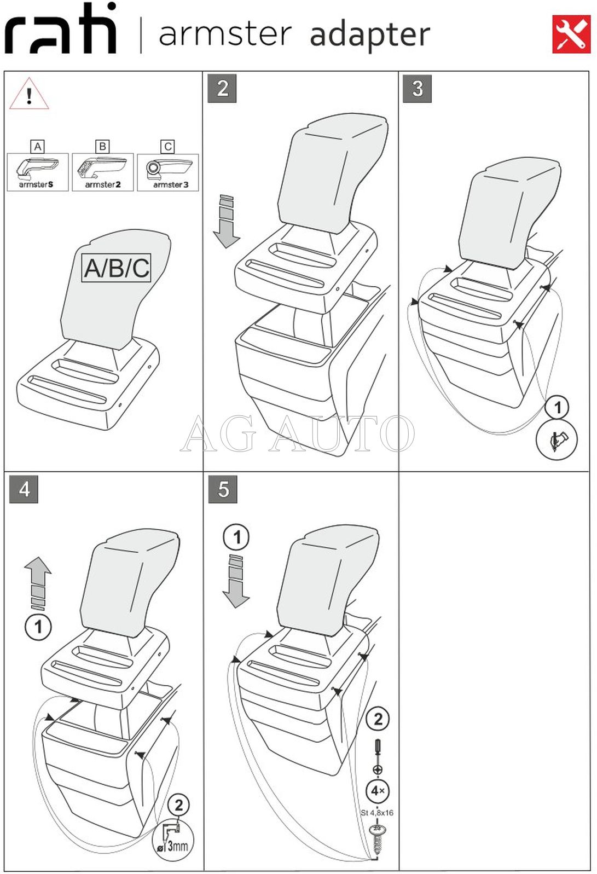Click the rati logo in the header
[x=61, y=28]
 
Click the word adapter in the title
[x=369, y=36]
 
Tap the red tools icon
[x=571, y=34]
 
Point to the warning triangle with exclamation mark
[x=29, y=94]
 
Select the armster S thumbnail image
[x=37, y=172]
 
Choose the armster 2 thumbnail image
[x=103, y=172]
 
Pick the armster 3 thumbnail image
[x=168, y=172]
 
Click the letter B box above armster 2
[x=103, y=146]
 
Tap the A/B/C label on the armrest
[x=117, y=268]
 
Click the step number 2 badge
[x=222, y=89]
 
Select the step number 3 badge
[x=417, y=89]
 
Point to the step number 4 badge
[x=24, y=489]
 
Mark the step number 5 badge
[x=223, y=489]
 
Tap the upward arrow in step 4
[x=38, y=583]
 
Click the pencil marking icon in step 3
[x=557, y=439]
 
